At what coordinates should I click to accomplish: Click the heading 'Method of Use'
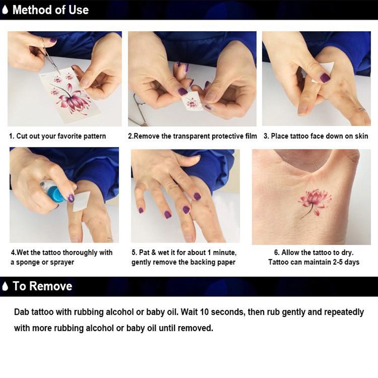(51, 10)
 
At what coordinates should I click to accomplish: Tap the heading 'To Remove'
(43, 286)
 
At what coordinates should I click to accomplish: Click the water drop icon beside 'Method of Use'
(5, 10)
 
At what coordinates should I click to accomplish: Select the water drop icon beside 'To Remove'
(5, 286)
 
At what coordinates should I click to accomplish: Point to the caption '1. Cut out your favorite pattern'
(57, 136)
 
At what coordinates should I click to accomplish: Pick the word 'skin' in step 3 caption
(361, 136)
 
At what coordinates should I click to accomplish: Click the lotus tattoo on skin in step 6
(314, 202)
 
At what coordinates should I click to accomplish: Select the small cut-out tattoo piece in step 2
(192, 102)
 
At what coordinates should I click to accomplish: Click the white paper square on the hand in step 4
(80, 201)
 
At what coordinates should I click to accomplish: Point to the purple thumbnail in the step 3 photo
(325, 77)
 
